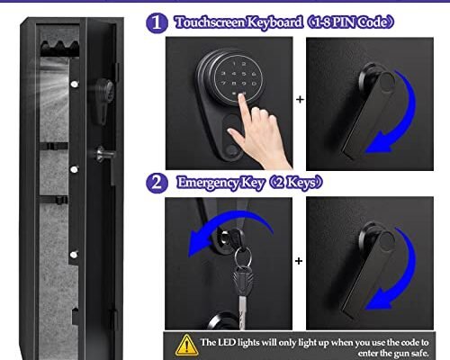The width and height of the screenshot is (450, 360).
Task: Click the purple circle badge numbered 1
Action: point(157,22)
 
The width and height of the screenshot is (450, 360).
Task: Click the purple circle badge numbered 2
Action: point(157,183)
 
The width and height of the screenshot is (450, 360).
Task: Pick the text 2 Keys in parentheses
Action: point(301,183)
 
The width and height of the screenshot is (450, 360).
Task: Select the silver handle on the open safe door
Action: point(102,152)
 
